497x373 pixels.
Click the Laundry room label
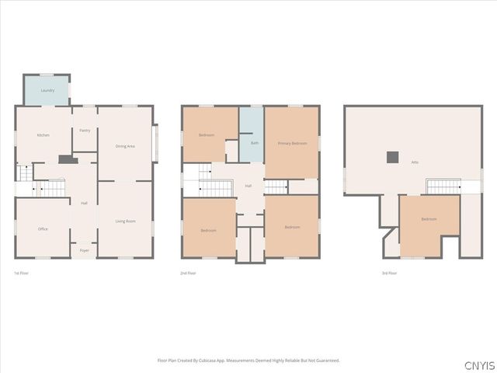(x=47, y=91)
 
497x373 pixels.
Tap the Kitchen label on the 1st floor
(x=43, y=136)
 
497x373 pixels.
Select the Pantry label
(x=85, y=131)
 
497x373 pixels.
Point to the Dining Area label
(x=125, y=146)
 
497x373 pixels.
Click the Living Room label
(x=125, y=221)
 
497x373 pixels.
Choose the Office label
(x=43, y=229)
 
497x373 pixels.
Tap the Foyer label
(x=85, y=250)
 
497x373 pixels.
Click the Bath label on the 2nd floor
(x=254, y=143)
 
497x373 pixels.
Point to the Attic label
(x=415, y=162)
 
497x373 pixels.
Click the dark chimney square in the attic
(x=393, y=156)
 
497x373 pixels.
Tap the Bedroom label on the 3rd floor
(x=429, y=219)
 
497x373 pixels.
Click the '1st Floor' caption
(x=23, y=274)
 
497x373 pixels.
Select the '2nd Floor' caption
(x=188, y=274)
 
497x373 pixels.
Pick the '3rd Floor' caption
(x=389, y=274)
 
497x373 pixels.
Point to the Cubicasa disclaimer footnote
(x=248, y=361)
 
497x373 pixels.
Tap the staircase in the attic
(x=443, y=186)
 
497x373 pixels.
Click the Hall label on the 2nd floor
(x=248, y=186)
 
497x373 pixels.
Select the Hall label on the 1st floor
(x=84, y=204)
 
